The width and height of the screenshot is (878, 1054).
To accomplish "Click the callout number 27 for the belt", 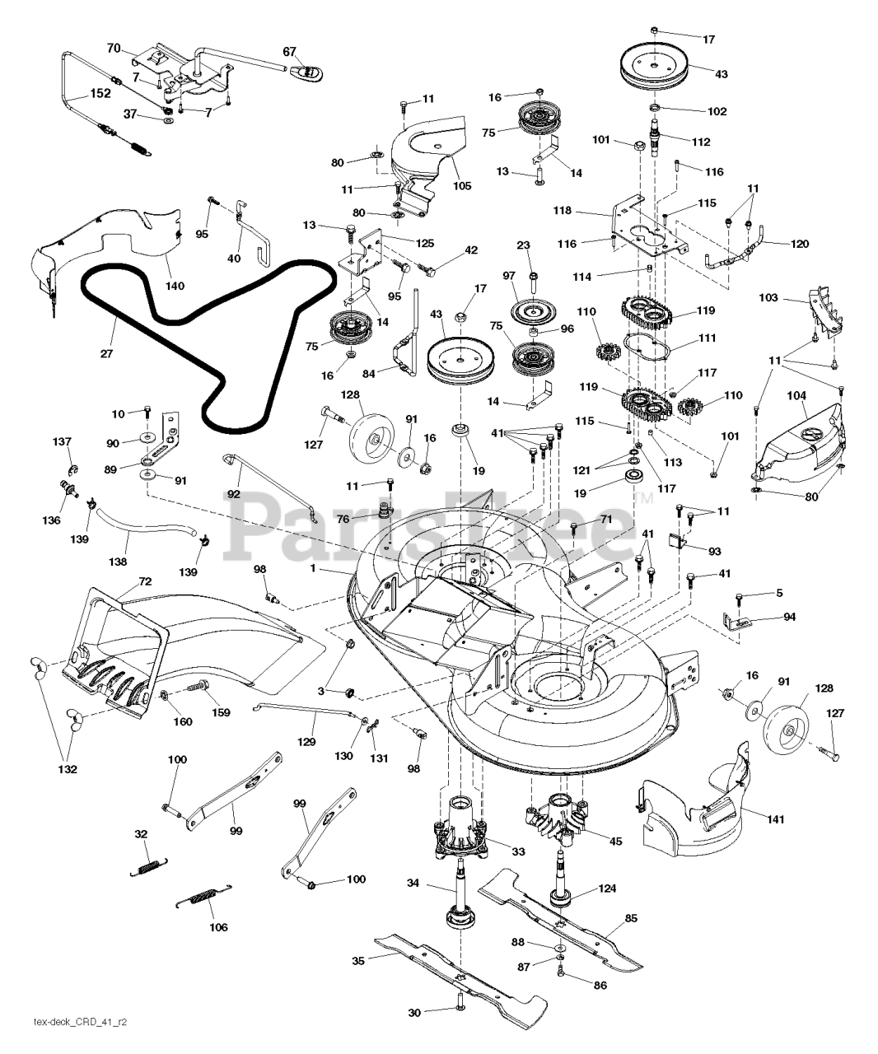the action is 106,353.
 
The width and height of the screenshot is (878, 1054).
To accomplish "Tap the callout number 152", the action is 100,93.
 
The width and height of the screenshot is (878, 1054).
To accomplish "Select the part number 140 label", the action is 175,286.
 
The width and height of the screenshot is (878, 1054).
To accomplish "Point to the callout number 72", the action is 145,581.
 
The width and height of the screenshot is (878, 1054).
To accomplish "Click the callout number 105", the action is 461,185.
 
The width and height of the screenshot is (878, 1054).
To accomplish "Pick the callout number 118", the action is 562,210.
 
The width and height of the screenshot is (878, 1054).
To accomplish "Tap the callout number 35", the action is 358,961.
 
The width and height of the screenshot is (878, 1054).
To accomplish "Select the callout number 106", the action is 218,927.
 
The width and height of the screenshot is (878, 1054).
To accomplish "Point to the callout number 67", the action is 289,52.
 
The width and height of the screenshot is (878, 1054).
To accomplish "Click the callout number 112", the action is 701,142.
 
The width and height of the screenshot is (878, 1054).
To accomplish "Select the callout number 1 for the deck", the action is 312,568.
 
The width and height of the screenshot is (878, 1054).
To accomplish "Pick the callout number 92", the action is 233,494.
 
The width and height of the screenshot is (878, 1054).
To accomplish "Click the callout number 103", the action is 768,297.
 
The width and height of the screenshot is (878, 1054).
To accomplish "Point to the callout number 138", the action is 118,562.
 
